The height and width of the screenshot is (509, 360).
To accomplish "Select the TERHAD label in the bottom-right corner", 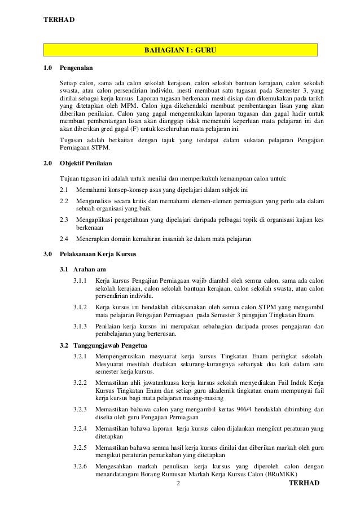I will (304, 484).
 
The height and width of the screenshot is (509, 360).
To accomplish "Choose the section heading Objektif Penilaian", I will (86, 164).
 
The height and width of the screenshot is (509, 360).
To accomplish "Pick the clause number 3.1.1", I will (81, 280).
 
